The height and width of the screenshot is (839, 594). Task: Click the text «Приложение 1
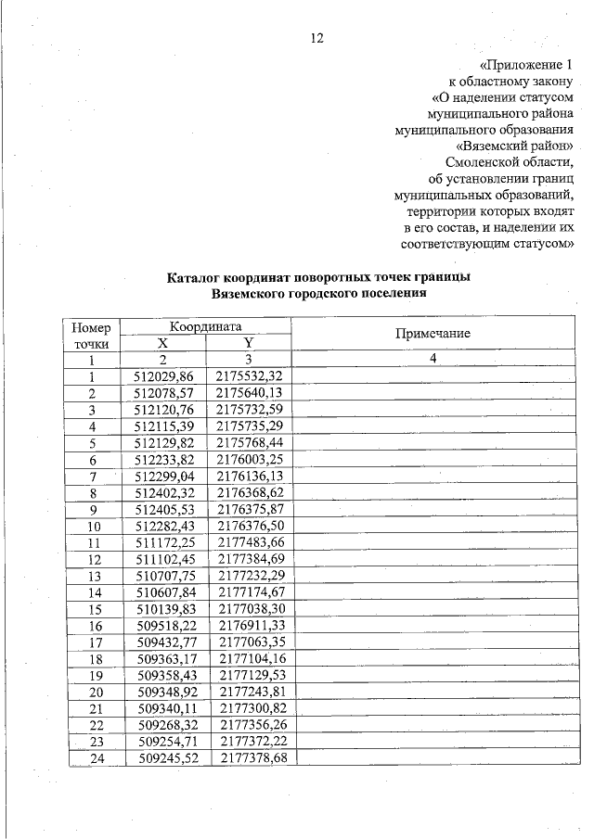(x=523, y=65)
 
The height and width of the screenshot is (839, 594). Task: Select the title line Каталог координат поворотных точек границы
(x=318, y=277)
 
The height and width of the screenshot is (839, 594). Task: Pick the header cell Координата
(x=205, y=326)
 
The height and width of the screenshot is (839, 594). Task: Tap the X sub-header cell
(x=163, y=343)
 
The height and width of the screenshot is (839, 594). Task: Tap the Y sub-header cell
(x=248, y=343)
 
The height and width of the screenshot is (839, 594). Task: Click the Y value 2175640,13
(x=248, y=393)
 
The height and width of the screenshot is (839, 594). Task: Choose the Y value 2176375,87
(x=248, y=509)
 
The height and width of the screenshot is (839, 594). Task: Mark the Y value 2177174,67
(x=248, y=592)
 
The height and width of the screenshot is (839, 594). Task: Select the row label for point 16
(x=93, y=626)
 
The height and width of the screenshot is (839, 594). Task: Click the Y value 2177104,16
(x=248, y=659)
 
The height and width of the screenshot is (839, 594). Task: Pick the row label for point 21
(x=93, y=709)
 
